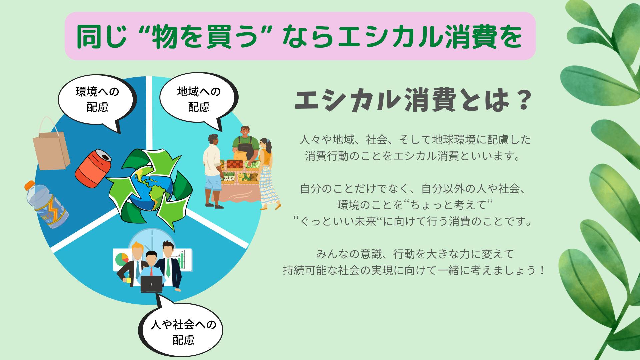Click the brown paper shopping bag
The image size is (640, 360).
coord(51,147)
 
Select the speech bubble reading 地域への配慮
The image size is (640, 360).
coord(199,99)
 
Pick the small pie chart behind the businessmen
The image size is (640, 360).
coord(122,259)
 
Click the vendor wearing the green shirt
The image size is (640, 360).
coord(246,143)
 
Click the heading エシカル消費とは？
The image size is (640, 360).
coord(412,100)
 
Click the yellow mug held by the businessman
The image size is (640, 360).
coord(128,280)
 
